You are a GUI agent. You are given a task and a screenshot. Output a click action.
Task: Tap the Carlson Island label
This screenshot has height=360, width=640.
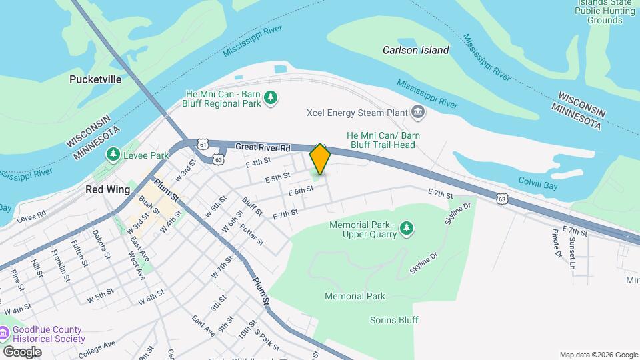tap(415, 50)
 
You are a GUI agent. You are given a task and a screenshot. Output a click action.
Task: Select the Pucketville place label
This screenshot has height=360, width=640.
tap(95, 79)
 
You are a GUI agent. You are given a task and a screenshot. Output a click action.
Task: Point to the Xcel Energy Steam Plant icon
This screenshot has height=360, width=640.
tap(418, 111)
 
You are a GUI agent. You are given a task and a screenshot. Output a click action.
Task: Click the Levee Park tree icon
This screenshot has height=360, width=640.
tap(113, 155)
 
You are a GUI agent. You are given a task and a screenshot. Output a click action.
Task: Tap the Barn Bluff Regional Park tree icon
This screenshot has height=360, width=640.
tap(271, 99)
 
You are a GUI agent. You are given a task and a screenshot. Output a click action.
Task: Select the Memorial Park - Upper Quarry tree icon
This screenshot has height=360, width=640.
tap(406, 230)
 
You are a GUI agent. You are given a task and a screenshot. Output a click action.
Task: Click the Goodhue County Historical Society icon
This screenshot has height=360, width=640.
tap(5, 333)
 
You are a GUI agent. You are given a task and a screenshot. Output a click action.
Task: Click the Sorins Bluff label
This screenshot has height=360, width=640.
tap(394, 320)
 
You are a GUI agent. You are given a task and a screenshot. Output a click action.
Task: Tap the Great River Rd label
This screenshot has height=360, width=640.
tap(263, 147)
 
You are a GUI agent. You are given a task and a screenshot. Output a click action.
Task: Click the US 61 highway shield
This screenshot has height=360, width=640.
tap(203, 143)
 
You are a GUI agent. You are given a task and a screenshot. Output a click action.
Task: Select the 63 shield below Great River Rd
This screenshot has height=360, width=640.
tap(218, 159)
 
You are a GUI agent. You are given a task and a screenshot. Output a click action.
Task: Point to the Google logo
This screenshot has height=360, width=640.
tap(21, 351)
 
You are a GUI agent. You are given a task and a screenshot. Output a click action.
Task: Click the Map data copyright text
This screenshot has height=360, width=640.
tap(597, 355)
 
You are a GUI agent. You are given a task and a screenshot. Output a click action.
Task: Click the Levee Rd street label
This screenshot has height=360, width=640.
tap(31, 214)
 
